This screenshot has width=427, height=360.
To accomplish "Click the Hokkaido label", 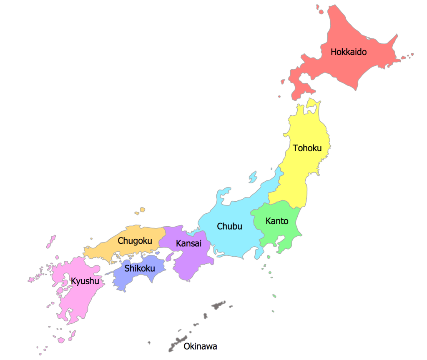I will (x=349, y=52).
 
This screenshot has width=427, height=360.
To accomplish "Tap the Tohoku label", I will (x=307, y=148).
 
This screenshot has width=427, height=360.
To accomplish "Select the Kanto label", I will (x=277, y=221).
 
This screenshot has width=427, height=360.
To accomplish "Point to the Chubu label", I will (x=229, y=226).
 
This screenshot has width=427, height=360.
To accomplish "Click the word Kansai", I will (x=188, y=243).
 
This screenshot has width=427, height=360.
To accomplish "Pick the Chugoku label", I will (x=134, y=240).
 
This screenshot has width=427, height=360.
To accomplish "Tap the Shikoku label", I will (x=140, y=268).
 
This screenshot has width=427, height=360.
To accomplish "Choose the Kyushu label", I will (x=85, y=281).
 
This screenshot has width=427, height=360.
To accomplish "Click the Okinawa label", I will (x=200, y=346).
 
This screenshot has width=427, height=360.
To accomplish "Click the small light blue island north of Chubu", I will (x=253, y=177).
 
